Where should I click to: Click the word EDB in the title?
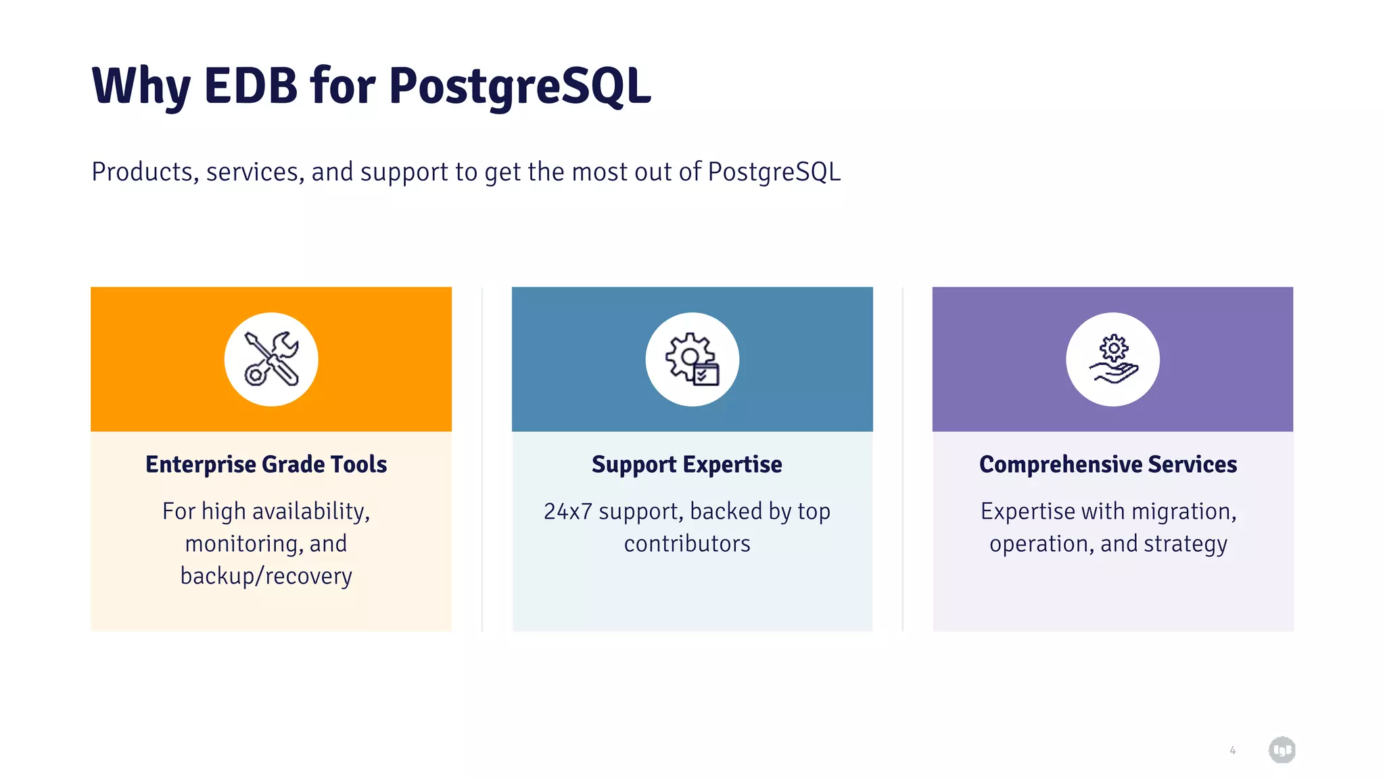tap(250, 86)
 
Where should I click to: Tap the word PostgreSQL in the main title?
tap(519, 86)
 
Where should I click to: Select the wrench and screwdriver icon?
tap(271, 359)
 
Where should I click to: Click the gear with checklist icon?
tap(692, 359)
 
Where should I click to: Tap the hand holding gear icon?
tap(1112, 359)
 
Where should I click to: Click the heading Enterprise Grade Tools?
tap(266, 465)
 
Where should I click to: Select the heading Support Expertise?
tap(686, 465)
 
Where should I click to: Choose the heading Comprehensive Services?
tap(1108, 465)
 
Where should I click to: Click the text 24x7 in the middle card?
tap(567, 511)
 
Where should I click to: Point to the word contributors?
tap(687, 544)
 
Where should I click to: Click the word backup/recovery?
tap(266, 576)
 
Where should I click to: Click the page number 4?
tap(1232, 751)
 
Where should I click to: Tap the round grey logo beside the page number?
tap(1282, 750)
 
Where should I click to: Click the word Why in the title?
tap(141, 86)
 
